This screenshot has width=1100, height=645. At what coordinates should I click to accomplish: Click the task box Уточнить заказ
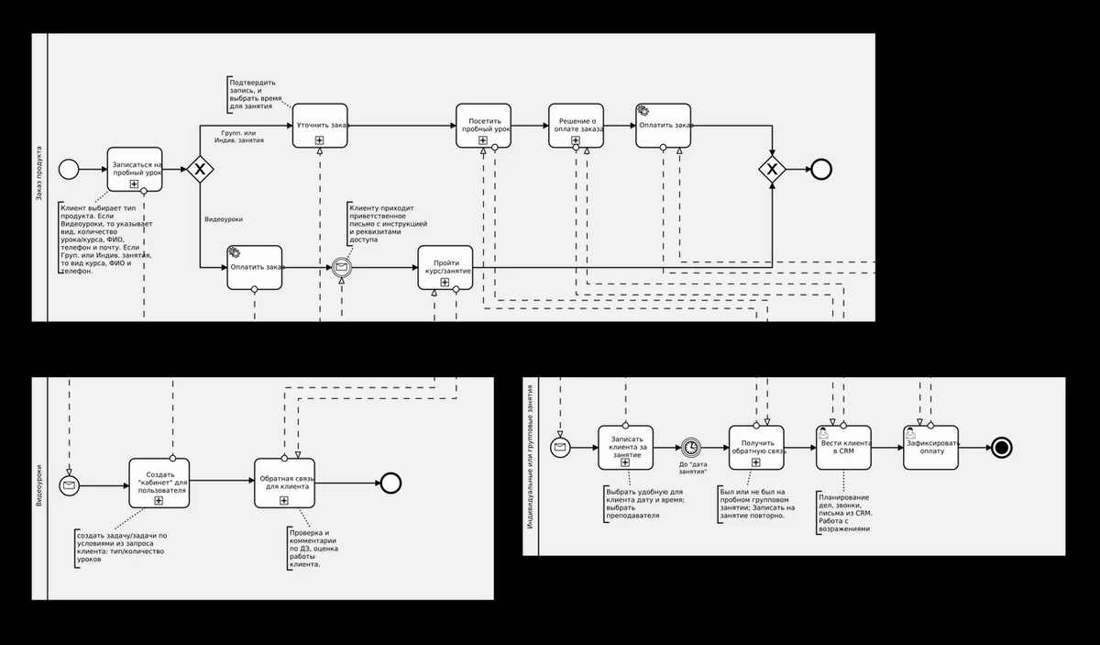pyautogui.click(x=320, y=125)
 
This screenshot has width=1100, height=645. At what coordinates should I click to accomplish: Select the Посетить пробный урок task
pyautogui.click(x=483, y=125)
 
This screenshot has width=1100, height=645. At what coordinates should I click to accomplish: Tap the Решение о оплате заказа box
pyautogui.click(x=577, y=125)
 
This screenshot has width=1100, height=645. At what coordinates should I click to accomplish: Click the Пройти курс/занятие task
pyautogui.click(x=445, y=267)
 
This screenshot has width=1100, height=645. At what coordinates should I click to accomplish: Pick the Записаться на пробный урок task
pyautogui.click(x=135, y=169)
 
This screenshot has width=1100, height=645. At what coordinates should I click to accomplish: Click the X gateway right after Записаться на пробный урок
pyautogui.click(x=200, y=169)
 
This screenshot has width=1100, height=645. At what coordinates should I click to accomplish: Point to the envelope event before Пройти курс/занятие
pyautogui.click(x=342, y=267)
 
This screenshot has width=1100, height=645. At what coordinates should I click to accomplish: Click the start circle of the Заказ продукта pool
pyautogui.click(x=69, y=169)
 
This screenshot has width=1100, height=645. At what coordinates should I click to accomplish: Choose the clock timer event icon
pyautogui.click(x=691, y=447)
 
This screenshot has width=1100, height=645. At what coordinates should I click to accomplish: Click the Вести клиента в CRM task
pyautogui.click(x=843, y=447)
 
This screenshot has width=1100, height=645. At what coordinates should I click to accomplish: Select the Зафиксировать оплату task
pyautogui.click(x=930, y=447)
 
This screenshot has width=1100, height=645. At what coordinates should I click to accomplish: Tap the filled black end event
pyautogui.click(x=1001, y=447)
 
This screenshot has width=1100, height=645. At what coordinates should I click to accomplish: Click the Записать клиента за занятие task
pyautogui.click(x=626, y=447)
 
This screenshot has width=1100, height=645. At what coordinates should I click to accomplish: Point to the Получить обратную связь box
pyautogui.click(x=757, y=447)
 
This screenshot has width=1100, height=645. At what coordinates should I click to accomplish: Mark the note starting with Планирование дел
pyautogui.click(x=844, y=514)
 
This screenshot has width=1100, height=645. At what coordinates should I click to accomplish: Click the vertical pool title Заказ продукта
pyautogui.click(x=39, y=174)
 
